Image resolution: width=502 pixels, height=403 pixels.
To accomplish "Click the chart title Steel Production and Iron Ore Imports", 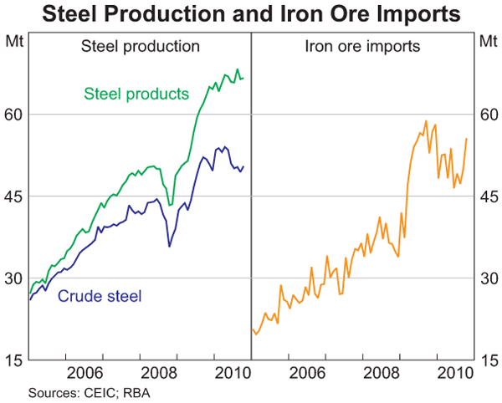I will pos(251,14).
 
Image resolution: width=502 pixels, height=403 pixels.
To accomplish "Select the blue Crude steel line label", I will pos(100,295).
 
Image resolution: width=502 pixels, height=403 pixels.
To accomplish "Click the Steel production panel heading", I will pos(140,46).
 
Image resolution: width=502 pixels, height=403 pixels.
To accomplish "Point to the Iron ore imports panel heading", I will pos(362,46).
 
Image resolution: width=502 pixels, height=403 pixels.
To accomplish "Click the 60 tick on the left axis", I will pos(14,114).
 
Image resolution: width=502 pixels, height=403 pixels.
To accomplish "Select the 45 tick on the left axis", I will pos(14,196).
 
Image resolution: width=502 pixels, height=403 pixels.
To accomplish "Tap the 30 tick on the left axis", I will pos(14,278).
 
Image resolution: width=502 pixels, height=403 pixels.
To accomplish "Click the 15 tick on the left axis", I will pos(14,360).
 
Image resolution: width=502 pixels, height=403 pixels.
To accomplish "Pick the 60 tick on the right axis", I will pos(488,114).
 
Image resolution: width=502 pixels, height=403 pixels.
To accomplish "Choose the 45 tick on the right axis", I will pos(488,196).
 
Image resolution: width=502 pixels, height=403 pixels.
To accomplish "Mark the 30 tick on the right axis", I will pos(488,278).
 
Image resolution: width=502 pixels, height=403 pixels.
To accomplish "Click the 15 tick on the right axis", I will pos(488,360).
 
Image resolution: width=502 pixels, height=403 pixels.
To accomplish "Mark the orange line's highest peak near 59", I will pos(426,121).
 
